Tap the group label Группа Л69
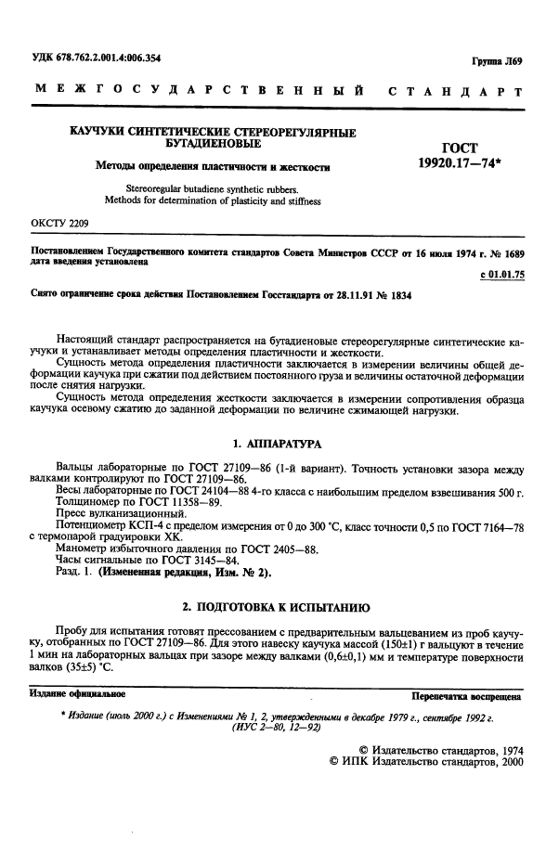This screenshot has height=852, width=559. click(500, 62)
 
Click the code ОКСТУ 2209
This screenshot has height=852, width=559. click(60, 223)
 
